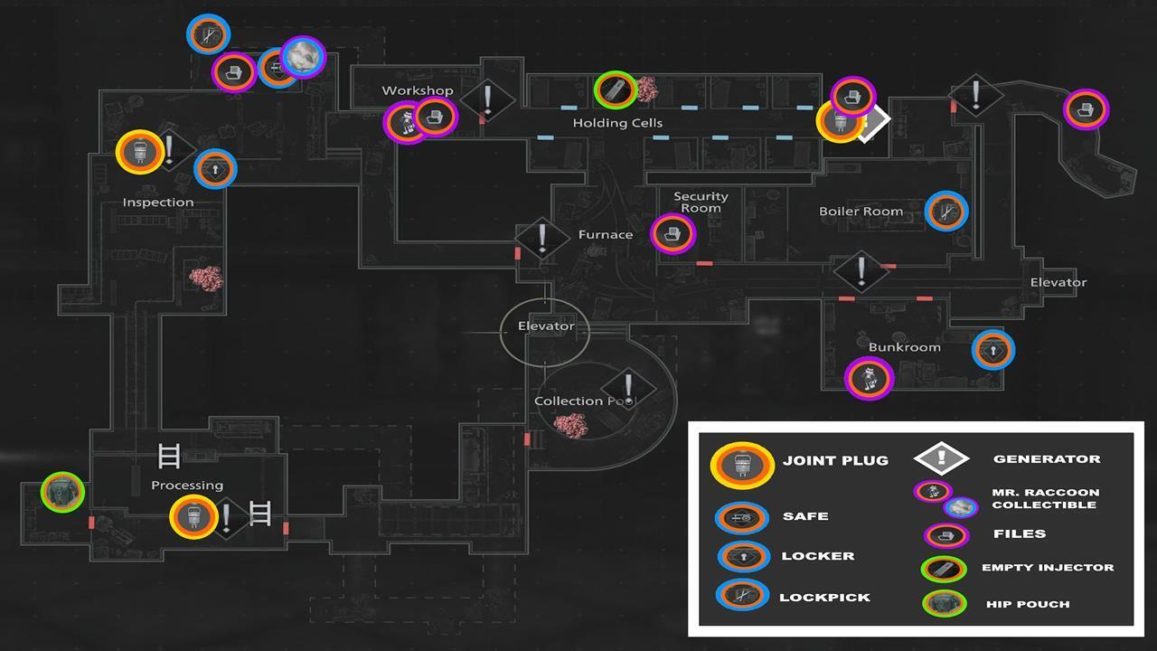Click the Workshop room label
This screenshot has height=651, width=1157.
[x=418, y=90]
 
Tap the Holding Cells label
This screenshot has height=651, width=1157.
[x=617, y=123]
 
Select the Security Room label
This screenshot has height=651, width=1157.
[x=701, y=202]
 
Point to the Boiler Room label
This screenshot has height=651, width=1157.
[x=861, y=212]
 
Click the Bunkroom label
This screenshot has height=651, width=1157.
[x=905, y=347]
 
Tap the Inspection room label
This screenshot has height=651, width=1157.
[x=158, y=202]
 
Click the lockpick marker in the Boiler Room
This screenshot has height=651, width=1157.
[x=946, y=212]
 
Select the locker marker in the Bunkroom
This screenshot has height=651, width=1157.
[x=992, y=350]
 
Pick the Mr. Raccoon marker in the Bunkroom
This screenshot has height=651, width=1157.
[x=869, y=378]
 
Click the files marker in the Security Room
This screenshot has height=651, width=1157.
[x=673, y=234]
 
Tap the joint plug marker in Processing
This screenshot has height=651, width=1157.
[x=193, y=516]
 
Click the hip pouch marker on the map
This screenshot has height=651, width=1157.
[x=62, y=492]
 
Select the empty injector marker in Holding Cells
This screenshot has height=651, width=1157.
[x=616, y=90]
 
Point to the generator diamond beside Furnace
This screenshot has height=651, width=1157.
[x=541, y=239]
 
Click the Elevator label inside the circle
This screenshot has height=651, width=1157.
[x=546, y=326]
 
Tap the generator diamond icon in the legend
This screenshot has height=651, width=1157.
[x=941, y=458]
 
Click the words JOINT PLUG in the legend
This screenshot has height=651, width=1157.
[x=836, y=460]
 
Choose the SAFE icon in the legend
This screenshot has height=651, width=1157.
[x=742, y=518]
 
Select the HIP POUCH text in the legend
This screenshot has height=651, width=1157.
[x=1028, y=604]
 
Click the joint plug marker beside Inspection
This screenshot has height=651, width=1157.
[x=140, y=152]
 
